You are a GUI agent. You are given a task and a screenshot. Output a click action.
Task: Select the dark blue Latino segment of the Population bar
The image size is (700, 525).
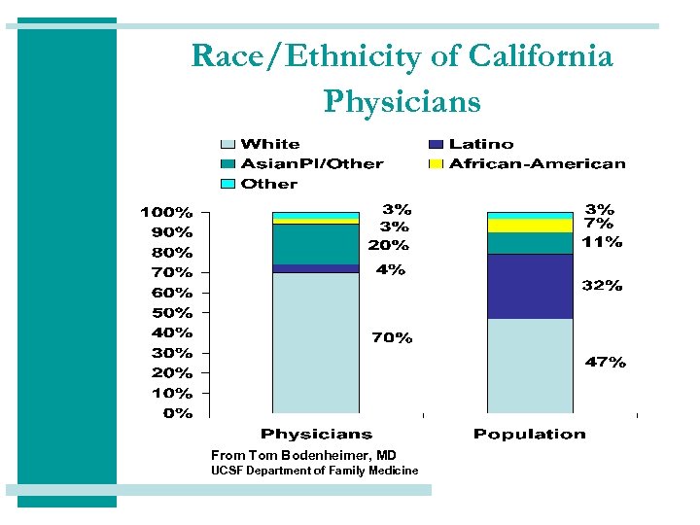[x=530, y=286]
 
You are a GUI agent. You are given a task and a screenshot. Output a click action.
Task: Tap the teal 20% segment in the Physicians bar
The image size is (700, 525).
[x=316, y=244]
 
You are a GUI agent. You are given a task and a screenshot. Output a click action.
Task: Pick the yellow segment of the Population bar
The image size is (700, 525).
[x=530, y=226]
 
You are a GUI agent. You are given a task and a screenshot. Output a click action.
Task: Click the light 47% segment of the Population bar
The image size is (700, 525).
[x=530, y=366]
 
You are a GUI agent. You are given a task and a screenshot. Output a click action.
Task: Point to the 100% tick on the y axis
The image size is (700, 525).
[x=166, y=212]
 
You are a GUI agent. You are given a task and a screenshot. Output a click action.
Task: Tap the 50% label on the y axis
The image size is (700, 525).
[x=166, y=313]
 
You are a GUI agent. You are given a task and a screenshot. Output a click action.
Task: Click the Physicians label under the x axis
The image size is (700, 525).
[x=316, y=434]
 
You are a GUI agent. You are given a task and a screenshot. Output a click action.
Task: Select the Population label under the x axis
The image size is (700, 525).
[x=530, y=434]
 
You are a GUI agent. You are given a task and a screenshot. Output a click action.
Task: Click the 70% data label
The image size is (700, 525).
[x=392, y=338]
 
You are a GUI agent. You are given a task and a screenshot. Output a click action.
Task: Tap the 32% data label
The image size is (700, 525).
[x=603, y=286]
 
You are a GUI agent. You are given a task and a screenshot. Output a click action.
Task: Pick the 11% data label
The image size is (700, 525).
[x=603, y=242]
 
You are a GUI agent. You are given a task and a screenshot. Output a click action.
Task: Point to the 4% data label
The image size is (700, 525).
[x=391, y=270]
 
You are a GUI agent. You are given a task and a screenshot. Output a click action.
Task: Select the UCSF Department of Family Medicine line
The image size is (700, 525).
[x=315, y=471]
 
